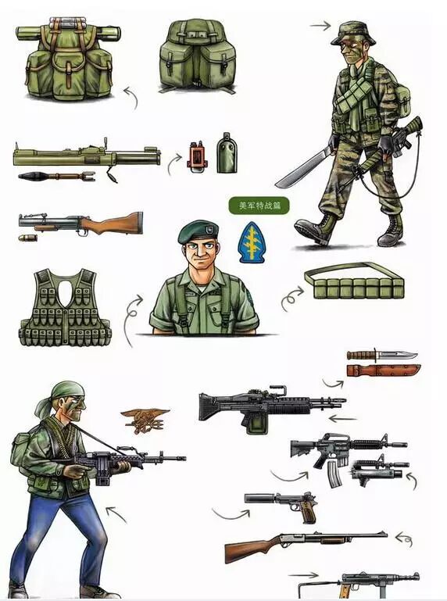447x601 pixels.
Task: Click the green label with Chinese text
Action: (259, 206)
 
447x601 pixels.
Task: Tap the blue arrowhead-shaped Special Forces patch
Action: (251, 241)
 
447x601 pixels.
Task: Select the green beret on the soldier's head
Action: (198, 231)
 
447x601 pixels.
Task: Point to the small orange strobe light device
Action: (197, 156)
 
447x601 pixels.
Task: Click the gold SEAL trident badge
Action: (145, 420)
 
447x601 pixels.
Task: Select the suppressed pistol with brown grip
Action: (281, 502)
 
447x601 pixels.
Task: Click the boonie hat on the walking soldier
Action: (353, 33)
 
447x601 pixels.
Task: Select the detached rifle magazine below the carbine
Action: (334, 474)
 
